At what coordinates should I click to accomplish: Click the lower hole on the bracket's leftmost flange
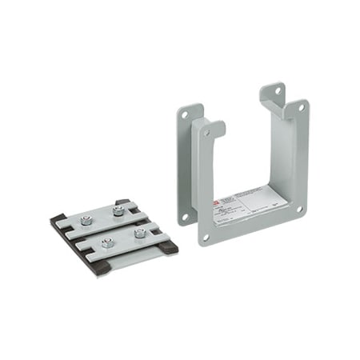pos(183,216)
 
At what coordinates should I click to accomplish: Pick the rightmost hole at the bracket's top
pos(301,106)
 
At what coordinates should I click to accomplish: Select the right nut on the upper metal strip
pos(119,211)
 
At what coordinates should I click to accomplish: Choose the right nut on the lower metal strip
pos(139,233)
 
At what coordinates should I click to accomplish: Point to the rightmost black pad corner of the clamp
pos(169,247)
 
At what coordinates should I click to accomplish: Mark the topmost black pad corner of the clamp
pos(121,202)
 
